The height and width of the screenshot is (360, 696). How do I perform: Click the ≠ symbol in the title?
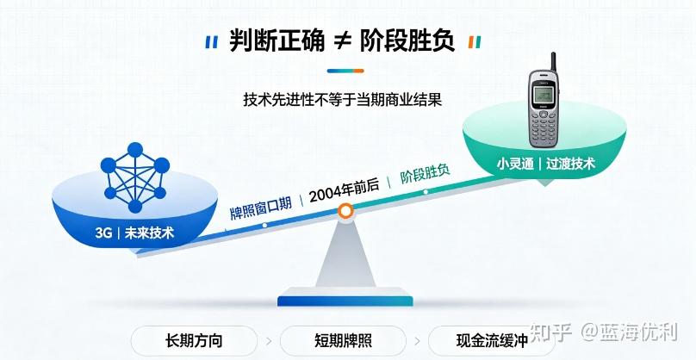(342, 41)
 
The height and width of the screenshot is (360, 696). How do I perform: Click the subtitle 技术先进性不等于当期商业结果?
(342, 99)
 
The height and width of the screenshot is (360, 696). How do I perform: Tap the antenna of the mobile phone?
(553, 61)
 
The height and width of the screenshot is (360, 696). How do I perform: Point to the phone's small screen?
(544, 94)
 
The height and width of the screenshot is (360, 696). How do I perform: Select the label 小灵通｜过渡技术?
(545, 164)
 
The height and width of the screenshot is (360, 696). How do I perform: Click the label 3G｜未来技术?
(134, 233)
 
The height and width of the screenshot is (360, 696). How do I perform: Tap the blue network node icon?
(135, 177)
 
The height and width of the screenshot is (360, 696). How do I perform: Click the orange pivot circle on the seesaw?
(345, 210)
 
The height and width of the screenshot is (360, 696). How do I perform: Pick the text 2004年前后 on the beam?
(344, 190)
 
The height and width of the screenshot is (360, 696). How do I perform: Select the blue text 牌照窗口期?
(261, 208)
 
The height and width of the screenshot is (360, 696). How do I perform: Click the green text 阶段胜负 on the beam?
(425, 172)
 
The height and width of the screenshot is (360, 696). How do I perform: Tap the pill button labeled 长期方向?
(194, 341)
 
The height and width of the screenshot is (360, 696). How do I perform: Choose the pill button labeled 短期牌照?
(343, 341)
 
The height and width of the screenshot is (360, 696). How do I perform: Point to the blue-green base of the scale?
(345, 297)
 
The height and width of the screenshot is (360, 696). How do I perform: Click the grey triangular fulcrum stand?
(345, 253)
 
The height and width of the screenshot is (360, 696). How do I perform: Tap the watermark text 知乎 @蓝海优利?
(604, 332)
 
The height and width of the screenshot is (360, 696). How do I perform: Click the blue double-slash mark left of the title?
(212, 42)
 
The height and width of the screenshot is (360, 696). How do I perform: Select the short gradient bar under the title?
(345, 71)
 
